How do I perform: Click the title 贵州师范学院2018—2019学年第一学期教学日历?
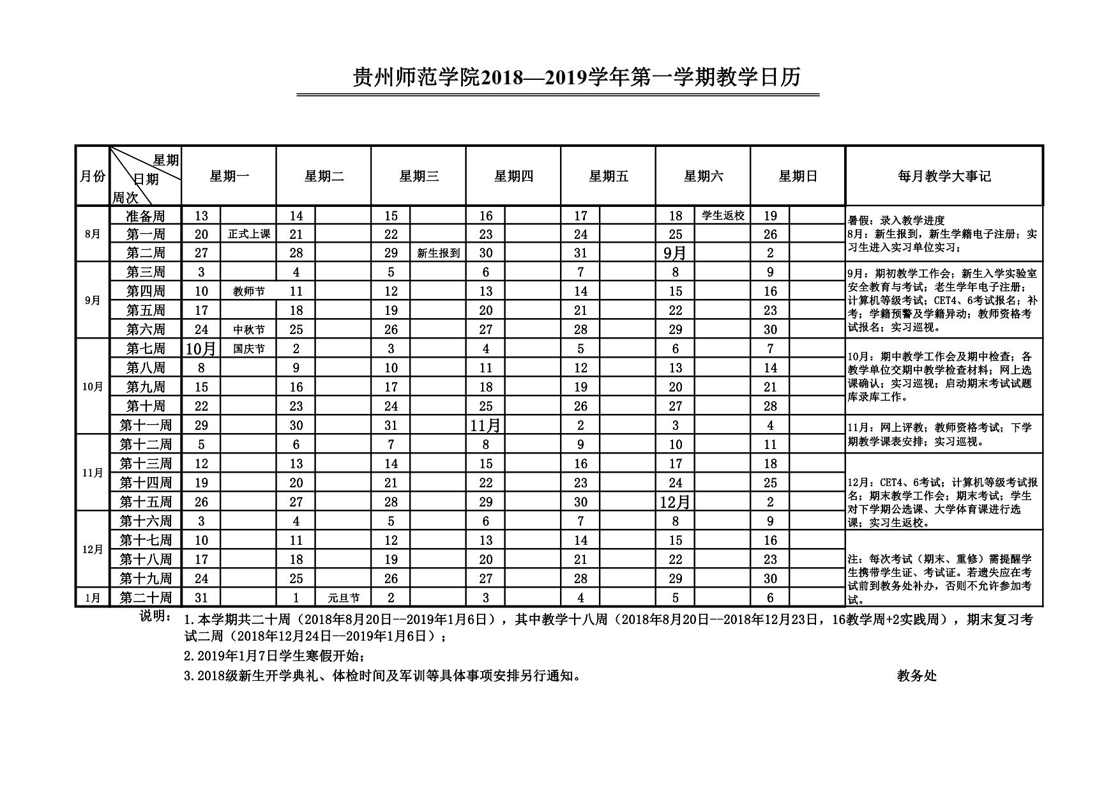577,78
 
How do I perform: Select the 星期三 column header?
418,176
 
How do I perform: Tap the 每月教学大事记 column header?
944,176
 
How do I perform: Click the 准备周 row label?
146,216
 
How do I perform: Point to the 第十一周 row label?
146,425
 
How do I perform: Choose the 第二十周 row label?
146,598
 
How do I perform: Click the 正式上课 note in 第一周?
249,234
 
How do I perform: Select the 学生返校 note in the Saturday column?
723,216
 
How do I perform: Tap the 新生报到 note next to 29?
438,253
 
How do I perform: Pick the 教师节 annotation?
249,291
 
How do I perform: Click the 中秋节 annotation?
249,330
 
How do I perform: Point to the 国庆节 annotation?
249,349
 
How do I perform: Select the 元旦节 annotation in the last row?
344,598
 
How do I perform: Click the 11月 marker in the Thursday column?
485,425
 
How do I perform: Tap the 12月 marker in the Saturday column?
675,502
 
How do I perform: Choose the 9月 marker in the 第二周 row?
675,253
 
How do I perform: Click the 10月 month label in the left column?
93,387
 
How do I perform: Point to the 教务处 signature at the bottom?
916,676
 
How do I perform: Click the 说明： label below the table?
156,616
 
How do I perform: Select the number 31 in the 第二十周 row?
201,598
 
